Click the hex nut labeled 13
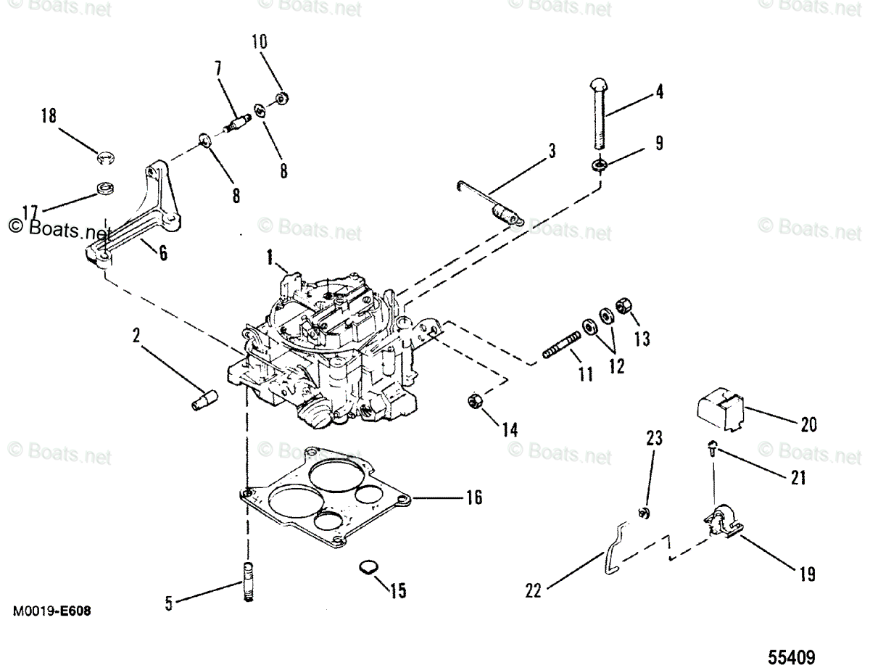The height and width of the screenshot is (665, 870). pyautogui.click(x=622, y=307)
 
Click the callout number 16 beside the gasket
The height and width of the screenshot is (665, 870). pyautogui.click(x=473, y=497)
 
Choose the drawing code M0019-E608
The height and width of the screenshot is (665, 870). pyautogui.click(x=51, y=611)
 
